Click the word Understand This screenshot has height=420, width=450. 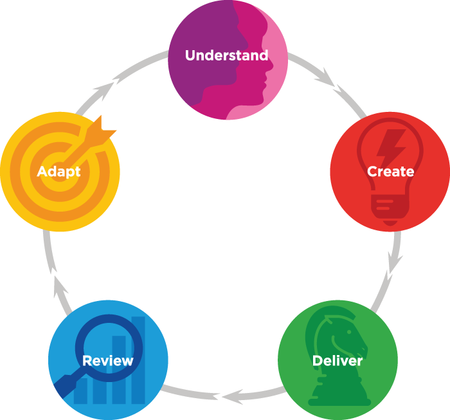coord(226,55)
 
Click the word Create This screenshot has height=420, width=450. coord(390,172)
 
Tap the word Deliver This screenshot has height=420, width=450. coord(337,360)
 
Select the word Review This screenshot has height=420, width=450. coord(108,360)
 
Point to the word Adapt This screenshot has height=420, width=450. coord(59,172)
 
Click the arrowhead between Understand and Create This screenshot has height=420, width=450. coord(325,80)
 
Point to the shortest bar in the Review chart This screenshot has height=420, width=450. coord(82,390)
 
